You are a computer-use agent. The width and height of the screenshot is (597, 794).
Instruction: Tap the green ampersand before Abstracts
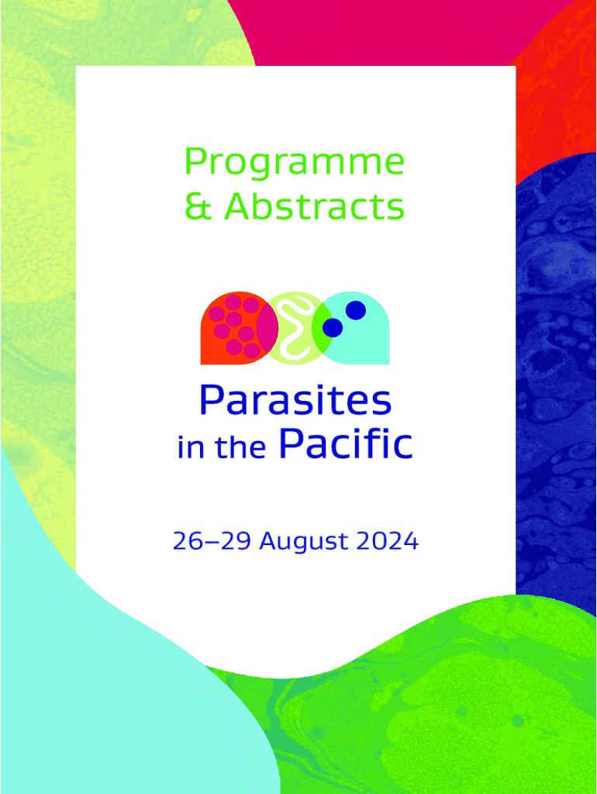pyautogui.click(x=198, y=206)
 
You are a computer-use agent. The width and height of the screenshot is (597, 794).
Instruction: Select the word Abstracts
pyautogui.click(x=314, y=206)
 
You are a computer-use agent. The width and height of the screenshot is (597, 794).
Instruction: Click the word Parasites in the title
pyautogui.click(x=295, y=400)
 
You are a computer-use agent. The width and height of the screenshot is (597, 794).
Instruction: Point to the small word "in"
pyautogui.click(x=191, y=447)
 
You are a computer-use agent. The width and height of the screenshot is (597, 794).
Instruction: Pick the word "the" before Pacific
pyautogui.click(x=240, y=447)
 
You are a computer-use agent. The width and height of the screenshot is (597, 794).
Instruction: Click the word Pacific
pyautogui.click(x=346, y=444)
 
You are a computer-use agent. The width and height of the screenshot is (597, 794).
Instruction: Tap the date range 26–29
pyautogui.click(x=212, y=540)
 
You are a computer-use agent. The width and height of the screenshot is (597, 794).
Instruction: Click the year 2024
pyautogui.click(x=388, y=540)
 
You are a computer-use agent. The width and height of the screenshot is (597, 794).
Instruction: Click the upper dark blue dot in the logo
pyautogui.click(x=356, y=310)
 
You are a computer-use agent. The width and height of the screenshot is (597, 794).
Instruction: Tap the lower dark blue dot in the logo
pyautogui.click(x=333, y=328)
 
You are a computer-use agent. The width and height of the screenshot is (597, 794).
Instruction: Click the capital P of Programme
pyautogui.click(x=195, y=161)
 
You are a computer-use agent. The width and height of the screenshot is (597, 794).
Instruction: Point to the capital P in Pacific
pyautogui.click(x=292, y=443)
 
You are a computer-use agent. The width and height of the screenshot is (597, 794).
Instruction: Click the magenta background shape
pyautogui.click(x=395, y=30)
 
